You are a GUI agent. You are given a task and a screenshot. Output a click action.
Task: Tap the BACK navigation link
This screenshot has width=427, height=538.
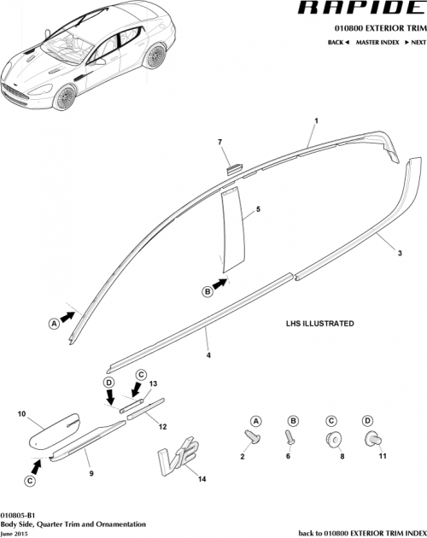coord(338,41)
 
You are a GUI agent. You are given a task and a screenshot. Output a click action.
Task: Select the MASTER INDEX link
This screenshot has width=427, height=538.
coord(379,41)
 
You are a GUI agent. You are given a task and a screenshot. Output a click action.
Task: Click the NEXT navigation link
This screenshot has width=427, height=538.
coord(414,41)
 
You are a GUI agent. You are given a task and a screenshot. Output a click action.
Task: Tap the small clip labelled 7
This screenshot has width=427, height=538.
coord(233,166)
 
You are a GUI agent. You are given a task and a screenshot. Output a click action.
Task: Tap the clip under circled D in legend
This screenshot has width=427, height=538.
coord(371,439)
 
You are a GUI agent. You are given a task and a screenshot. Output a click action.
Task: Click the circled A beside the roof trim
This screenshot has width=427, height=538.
coord(54,323)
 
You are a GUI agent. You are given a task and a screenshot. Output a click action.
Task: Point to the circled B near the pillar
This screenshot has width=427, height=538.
coord(207,291)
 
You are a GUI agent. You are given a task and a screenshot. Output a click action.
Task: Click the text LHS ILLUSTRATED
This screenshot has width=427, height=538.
coord(319,325)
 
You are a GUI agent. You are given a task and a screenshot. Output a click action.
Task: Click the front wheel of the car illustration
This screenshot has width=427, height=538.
coord(66,96)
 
